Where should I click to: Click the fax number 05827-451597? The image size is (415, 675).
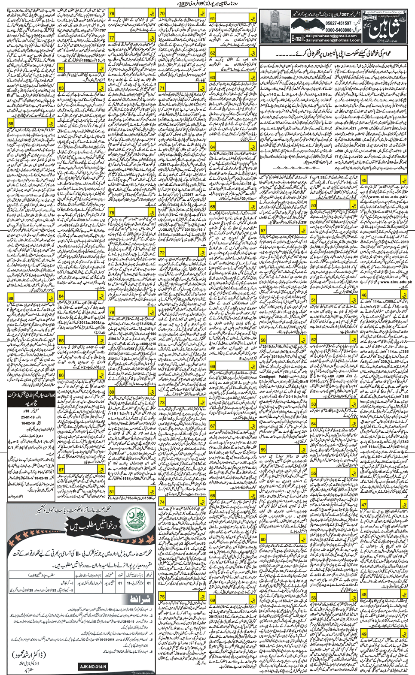(x=325, y=23)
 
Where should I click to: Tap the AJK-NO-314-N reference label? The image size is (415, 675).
(x=93, y=667)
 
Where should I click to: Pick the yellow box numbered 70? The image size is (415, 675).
(x=162, y=14)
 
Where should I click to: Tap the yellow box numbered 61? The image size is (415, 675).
(x=213, y=19)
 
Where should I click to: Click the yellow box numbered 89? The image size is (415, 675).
(x=11, y=298)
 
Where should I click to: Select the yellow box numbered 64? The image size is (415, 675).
(x=213, y=147)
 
